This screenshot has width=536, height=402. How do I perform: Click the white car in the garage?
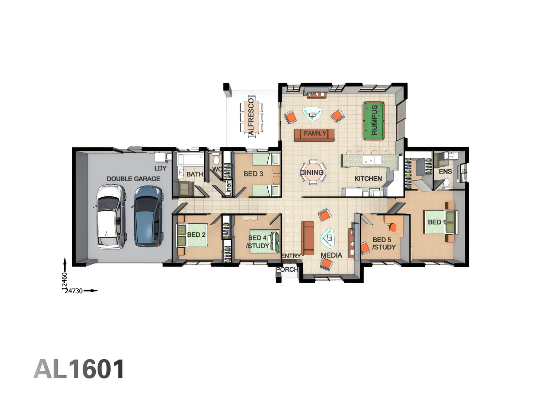[111, 217]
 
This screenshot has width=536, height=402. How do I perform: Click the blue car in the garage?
[148, 216]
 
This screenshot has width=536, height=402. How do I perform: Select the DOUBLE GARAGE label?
[133, 179]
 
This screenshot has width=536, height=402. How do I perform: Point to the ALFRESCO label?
[251, 116]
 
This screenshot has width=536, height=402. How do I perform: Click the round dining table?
[313, 172]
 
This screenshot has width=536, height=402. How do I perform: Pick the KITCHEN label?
[368, 179]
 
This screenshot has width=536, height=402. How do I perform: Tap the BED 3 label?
[253, 174]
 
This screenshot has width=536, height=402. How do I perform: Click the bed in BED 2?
[192, 235]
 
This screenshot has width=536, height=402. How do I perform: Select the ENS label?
[445, 172]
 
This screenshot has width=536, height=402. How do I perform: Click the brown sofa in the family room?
[315, 134]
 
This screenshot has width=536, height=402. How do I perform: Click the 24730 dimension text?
[74, 291]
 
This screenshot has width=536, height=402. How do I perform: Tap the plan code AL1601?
[79, 369]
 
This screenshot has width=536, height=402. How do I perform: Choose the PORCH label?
[287, 269]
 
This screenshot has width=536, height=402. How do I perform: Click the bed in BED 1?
[439, 223]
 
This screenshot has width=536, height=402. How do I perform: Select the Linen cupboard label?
[229, 188]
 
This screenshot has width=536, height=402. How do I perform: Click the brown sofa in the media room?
[308, 238]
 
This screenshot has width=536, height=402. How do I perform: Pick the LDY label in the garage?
[160, 168]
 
